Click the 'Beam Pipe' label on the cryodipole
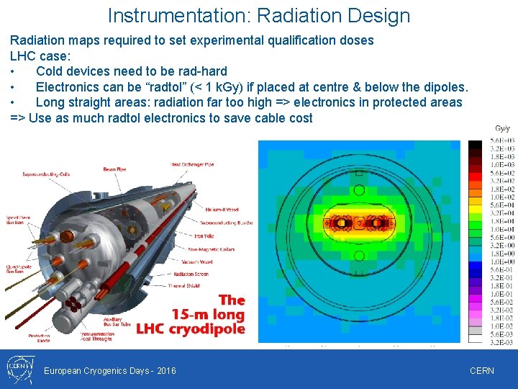114,169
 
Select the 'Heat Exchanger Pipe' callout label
192,165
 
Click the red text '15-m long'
209,315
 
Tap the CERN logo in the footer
17,370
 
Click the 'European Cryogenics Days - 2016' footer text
109,371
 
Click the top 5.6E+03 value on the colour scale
501,140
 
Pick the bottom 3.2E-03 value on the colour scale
501,343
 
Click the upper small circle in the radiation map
359,189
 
